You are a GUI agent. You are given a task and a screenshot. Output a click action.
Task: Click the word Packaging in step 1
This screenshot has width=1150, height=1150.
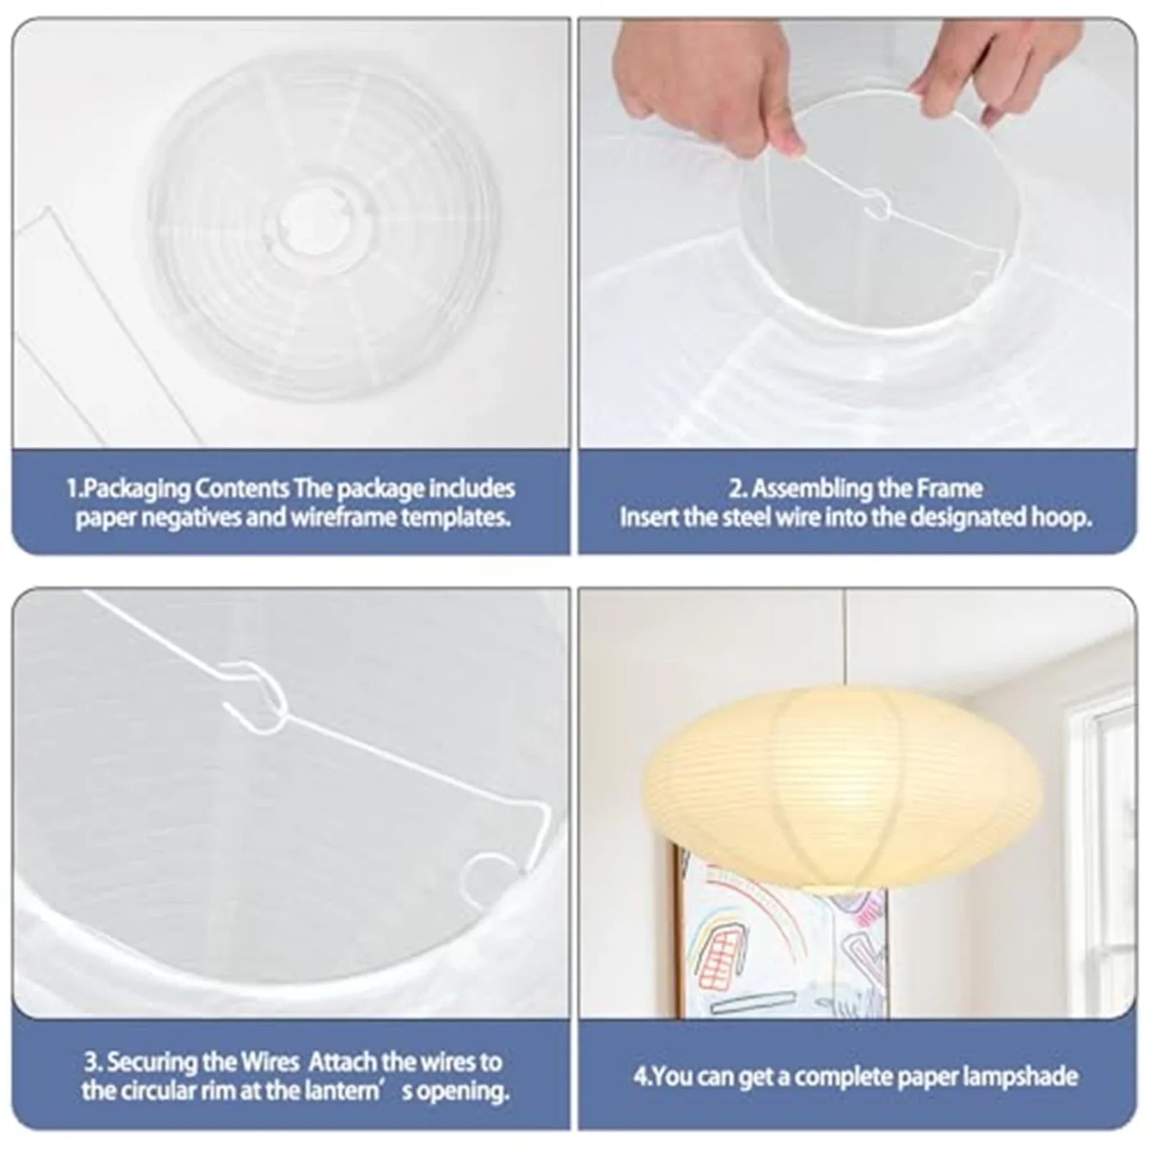[x=136, y=489]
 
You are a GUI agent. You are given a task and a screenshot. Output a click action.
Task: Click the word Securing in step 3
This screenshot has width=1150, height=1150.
[x=154, y=1062]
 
